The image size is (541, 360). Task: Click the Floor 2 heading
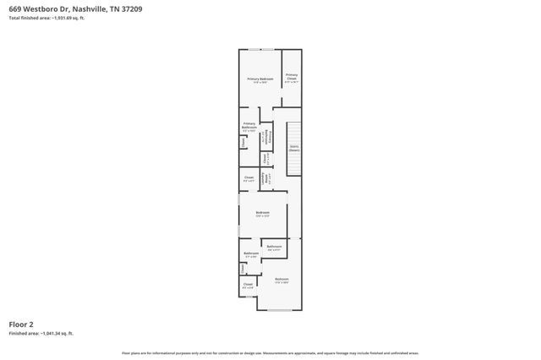(21, 324)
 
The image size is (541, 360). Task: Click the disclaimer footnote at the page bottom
(270, 352)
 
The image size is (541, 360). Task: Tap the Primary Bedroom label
(260, 79)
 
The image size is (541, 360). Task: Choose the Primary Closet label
(291, 78)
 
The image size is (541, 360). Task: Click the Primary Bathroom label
(249, 128)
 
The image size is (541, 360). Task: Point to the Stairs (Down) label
(294, 149)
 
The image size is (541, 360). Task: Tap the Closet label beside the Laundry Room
(249, 178)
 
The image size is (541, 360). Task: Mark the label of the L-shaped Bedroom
(281, 280)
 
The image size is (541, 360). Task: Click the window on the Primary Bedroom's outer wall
(266, 50)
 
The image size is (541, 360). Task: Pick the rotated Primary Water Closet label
(265, 138)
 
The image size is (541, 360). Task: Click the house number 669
(15, 8)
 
